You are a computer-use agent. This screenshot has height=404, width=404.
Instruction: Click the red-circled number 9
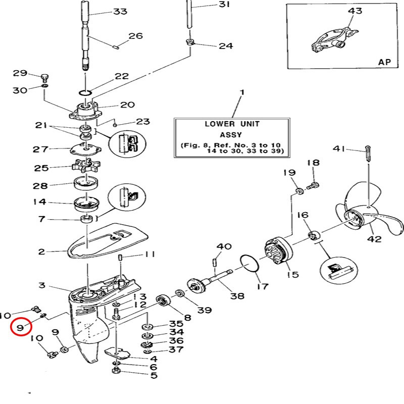(x=20, y=327)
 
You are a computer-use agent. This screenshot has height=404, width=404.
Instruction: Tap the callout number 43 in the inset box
(x=355, y=11)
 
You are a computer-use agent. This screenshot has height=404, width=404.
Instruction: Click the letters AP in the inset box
(x=384, y=62)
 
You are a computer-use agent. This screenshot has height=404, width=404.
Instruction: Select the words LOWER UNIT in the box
(x=232, y=124)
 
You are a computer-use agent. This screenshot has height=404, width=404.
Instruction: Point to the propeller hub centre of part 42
(x=353, y=218)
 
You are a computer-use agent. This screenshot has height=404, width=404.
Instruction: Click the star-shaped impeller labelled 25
(x=86, y=166)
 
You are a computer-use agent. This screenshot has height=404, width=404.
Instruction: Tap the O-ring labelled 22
(x=85, y=93)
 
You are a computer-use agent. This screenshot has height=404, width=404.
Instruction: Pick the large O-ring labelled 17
(x=249, y=263)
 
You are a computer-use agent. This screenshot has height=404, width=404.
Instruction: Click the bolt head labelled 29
(x=44, y=77)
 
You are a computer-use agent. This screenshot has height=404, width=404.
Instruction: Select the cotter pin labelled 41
(x=368, y=154)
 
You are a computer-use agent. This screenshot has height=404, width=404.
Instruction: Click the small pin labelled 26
(x=116, y=47)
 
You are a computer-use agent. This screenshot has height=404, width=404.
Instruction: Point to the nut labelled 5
(x=116, y=371)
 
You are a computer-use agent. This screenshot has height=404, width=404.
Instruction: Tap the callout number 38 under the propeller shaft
(x=237, y=296)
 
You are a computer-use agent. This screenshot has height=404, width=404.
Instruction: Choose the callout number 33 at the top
(x=120, y=11)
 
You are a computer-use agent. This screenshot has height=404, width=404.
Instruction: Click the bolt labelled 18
(x=313, y=185)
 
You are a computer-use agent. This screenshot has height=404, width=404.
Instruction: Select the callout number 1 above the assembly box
(x=242, y=92)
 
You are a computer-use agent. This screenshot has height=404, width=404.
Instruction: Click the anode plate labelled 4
(x=117, y=353)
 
